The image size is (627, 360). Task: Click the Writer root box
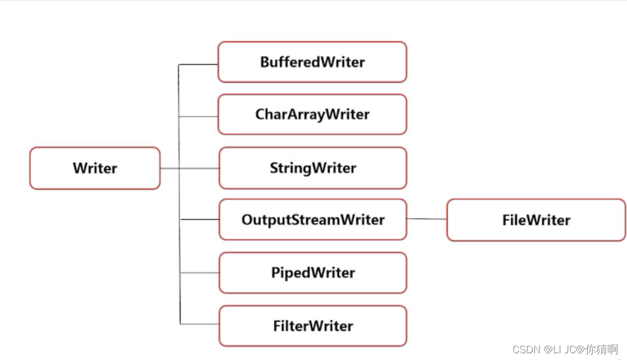point(95,168)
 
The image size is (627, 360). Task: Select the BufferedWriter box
point(312,62)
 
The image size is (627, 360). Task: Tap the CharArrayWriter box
point(312,114)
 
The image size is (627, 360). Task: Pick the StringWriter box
point(313,168)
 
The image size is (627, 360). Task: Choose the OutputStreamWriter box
point(313,220)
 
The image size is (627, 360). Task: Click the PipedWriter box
point(313,272)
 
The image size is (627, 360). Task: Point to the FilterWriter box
point(313,326)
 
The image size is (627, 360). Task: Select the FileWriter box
point(536,220)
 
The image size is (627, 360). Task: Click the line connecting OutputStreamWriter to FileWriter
point(426,219)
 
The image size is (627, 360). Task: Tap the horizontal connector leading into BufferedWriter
point(198,64)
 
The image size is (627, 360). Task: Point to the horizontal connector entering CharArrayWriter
point(198,117)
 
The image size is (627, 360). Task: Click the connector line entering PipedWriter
point(199,273)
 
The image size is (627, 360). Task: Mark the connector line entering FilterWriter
point(199,323)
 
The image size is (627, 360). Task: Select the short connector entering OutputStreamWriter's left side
point(200,220)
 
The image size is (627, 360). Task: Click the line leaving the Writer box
point(189,168)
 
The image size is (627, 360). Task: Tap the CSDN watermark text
point(565,350)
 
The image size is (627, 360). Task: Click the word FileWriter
point(536,220)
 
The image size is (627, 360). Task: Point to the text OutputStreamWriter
point(313,220)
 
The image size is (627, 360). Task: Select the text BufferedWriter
point(312,62)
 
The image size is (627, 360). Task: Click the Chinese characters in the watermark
point(602,350)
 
